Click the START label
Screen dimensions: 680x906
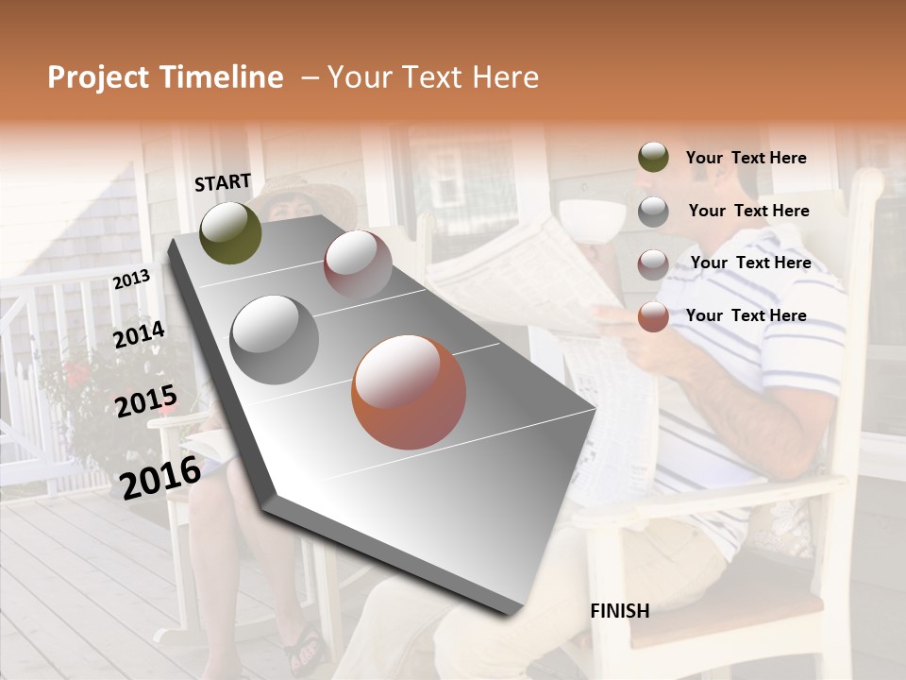coord(223,182)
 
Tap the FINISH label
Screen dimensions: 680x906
coord(619,611)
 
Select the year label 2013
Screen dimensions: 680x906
coord(131,280)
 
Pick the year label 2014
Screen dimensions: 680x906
coord(139,335)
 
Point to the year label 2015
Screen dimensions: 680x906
coord(146,401)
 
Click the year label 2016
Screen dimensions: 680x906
coord(160,478)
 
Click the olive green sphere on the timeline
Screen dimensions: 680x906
coord(230,232)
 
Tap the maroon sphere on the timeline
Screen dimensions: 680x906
coord(358,264)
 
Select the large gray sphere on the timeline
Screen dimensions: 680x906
coord(275,339)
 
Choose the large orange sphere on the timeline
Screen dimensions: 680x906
coord(409,392)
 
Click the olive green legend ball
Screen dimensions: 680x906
coord(653,158)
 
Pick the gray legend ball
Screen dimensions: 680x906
coord(653,211)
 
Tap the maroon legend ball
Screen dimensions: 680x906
coord(653,263)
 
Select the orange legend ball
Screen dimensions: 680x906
coord(653,316)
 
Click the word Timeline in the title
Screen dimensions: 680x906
coord(223,77)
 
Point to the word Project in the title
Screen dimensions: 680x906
coord(99,77)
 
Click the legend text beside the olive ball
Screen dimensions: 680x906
coord(746,158)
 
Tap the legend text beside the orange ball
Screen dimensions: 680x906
coord(746,315)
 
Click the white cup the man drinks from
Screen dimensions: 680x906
coord(593,217)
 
